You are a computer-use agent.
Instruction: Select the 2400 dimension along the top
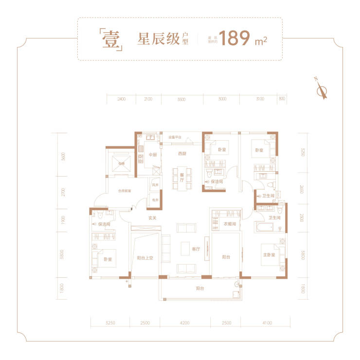tap(121, 99)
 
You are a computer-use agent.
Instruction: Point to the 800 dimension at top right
tap(282, 99)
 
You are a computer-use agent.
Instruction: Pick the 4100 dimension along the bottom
tap(266, 323)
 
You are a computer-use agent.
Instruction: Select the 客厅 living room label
tap(196, 249)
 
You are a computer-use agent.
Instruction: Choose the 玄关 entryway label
tap(152, 218)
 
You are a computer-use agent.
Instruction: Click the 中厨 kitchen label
tap(153, 155)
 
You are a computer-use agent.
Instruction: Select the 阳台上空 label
tap(145, 258)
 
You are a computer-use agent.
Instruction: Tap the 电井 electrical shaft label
tap(155, 200)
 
